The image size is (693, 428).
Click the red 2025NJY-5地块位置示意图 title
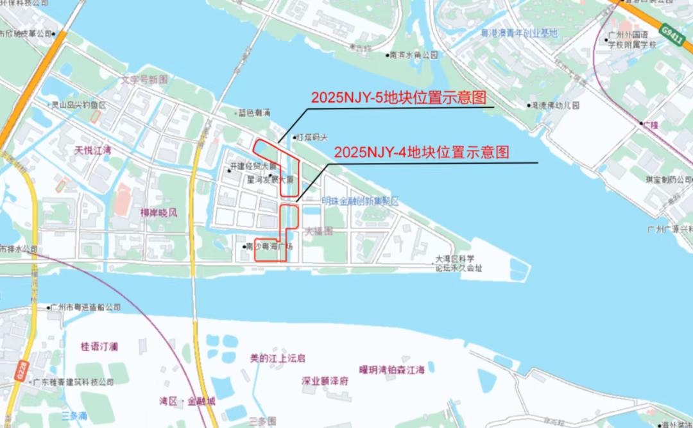(x=398, y=98)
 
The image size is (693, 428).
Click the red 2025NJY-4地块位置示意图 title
(x=422, y=153)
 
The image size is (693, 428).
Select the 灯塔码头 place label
(x=311, y=137)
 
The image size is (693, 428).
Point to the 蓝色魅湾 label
(x=253, y=112)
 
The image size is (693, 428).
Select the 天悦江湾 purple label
(x=93, y=151)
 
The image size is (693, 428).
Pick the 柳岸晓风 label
(x=158, y=212)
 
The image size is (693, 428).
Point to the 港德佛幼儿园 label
(x=555, y=105)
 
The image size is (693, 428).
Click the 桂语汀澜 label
(x=99, y=347)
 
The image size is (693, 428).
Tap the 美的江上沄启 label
(x=277, y=358)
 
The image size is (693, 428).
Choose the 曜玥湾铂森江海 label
(x=391, y=370)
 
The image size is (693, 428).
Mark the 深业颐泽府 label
(x=325, y=381)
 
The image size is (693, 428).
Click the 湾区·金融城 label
(x=187, y=401)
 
